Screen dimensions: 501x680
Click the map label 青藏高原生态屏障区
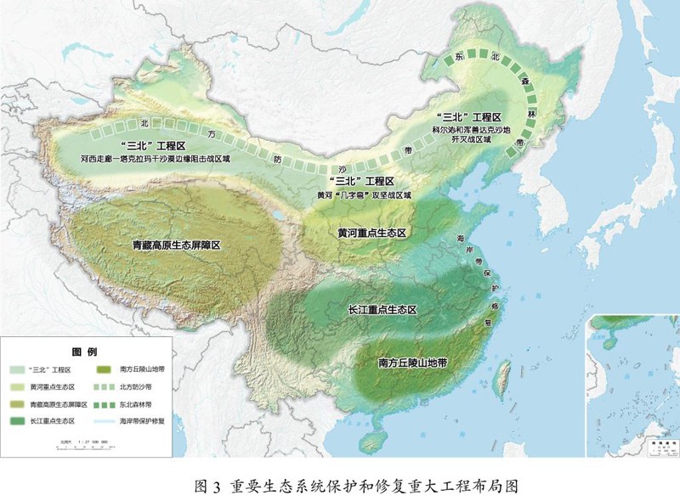pos(176,245)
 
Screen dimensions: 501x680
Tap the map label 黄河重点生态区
pos(374,232)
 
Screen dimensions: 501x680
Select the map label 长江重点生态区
pos(382,310)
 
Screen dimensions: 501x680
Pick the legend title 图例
pos(85,352)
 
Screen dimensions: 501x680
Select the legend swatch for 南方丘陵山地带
pos(105,370)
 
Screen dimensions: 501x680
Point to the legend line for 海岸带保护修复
pos(105,420)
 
